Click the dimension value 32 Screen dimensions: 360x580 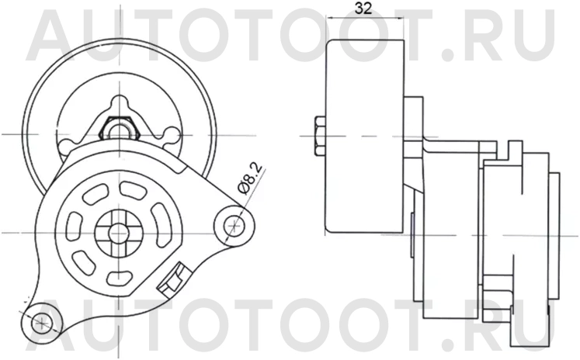(361, 10)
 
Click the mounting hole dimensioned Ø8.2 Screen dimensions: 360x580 (231, 225)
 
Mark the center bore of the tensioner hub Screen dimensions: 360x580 (118, 230)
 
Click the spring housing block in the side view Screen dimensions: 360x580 (516, 233)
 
